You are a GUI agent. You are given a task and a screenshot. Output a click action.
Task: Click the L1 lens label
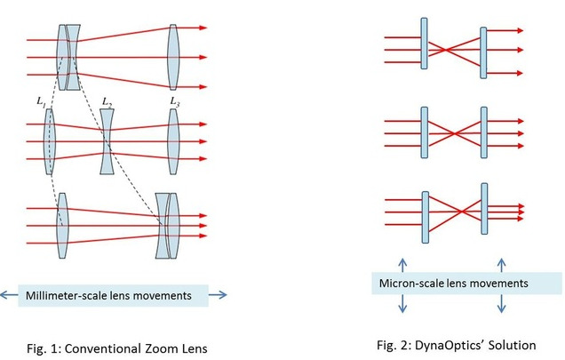click(42, 104)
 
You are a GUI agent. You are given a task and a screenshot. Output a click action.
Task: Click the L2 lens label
click(107, 104)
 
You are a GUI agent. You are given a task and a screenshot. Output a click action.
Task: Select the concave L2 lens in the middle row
click(107, 142)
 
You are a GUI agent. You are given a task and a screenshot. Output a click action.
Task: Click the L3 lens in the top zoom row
click(174, 57)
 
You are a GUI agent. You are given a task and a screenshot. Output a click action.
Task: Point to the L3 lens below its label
click(174, 142)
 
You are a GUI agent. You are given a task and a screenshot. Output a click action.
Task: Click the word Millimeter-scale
click(68, 294)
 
